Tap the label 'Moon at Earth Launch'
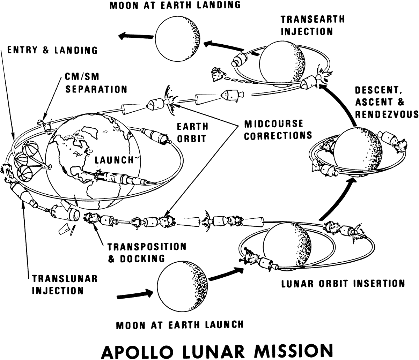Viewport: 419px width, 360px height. (x=179, y=325)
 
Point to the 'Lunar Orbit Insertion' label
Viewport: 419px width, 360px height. (x=343, y=283)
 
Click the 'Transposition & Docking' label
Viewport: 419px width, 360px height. (x=147, y=252)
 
